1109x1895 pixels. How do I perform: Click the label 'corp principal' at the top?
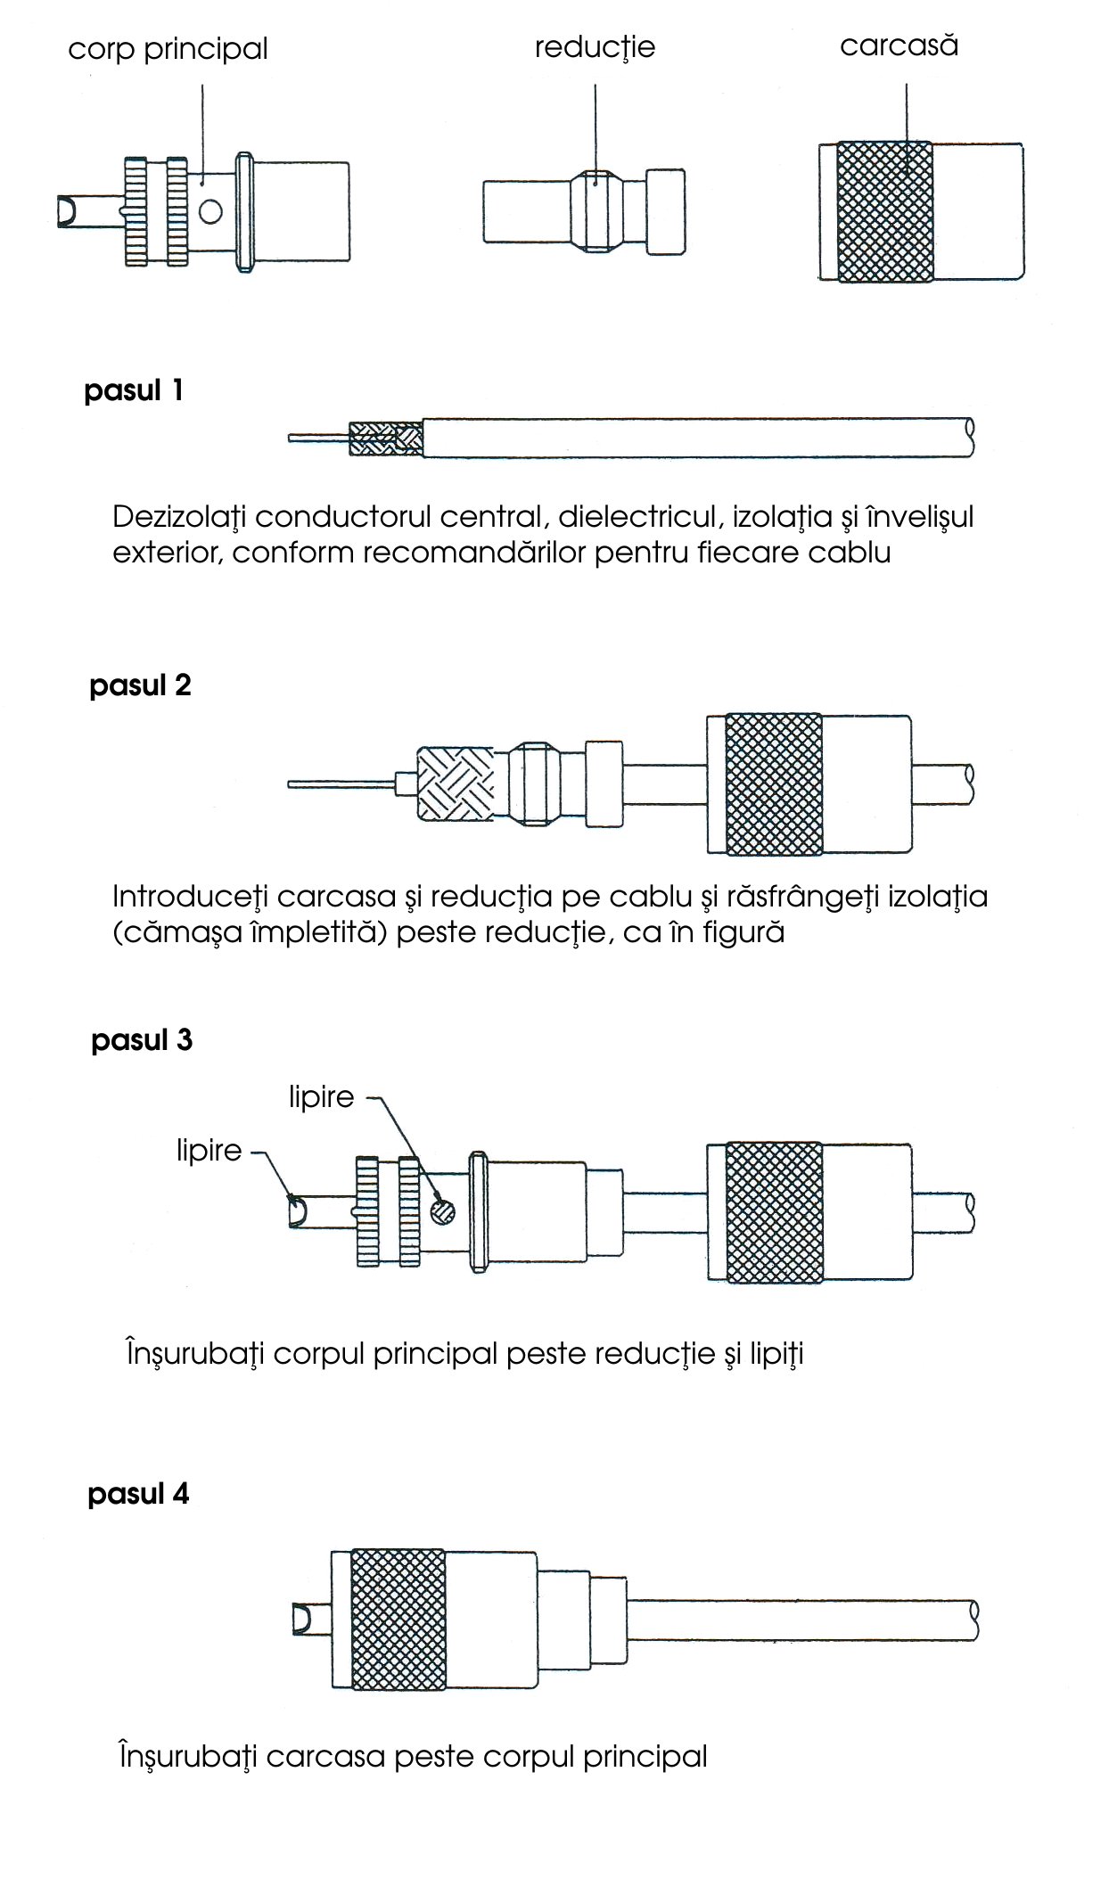[168, 49]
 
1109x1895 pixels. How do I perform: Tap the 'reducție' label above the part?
[595, 47]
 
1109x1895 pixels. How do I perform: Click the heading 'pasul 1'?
[134, 390]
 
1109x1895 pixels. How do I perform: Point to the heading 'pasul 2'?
[140, 685]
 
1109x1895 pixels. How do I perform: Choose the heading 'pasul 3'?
[142, 1039]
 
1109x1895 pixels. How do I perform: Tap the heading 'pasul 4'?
[138, 1493]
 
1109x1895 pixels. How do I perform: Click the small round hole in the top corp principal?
[210, 211]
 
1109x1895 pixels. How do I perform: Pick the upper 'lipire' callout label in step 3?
[321, 1096]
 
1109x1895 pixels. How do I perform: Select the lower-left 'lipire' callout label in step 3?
[209, 1150]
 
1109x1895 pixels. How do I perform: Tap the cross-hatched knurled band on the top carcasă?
[885, 211]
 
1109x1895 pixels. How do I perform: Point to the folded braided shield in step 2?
[456, 784]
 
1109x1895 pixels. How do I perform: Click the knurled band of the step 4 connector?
[398, 1620]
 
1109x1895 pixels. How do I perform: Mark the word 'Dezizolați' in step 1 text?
[177, 517]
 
